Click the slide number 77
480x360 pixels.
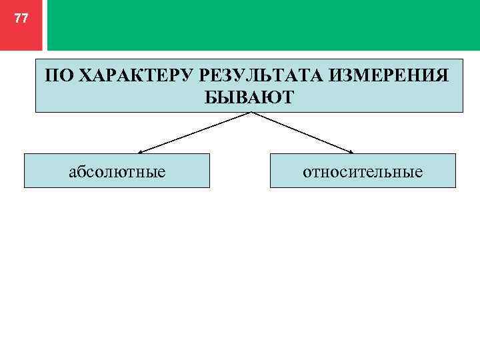tap(21, 19)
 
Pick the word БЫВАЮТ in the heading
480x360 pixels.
tap(249, 97)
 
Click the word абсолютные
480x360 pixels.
tap(117, 172)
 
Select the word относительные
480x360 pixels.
tap(363, 172)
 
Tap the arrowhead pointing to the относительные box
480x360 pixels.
tap(350, 151)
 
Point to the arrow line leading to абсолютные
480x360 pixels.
tap(195, 132)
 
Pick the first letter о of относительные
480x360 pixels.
tap(307, 173)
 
